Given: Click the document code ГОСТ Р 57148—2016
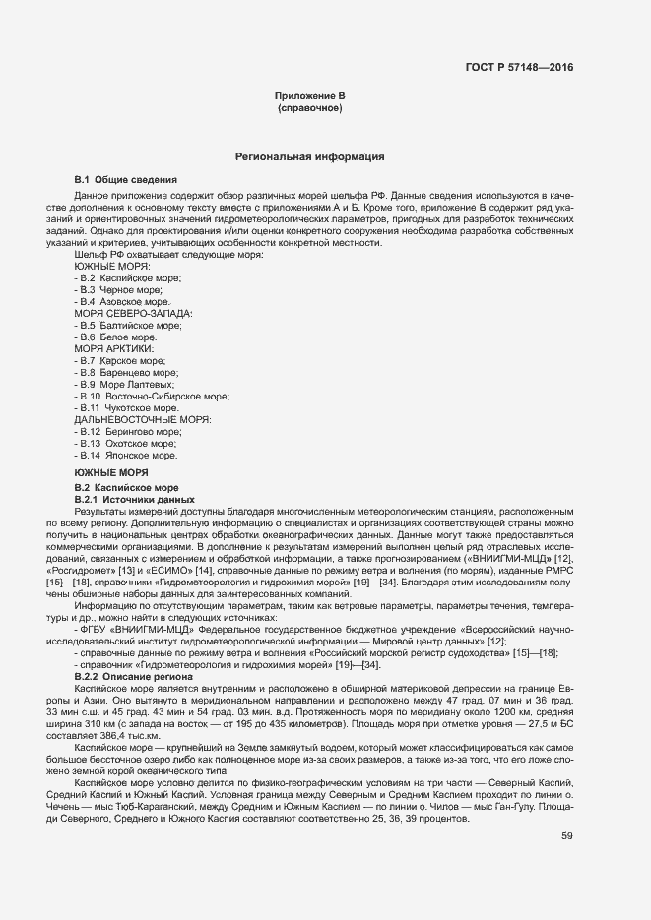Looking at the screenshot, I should [518, 68].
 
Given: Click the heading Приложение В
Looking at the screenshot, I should [309, 95].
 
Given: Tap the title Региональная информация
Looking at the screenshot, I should [309, 156].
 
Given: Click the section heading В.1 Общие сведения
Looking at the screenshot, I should [126, 180].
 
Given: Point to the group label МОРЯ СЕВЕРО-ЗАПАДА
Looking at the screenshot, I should [133, 313].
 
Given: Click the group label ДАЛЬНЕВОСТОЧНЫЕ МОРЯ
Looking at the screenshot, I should [143, 419].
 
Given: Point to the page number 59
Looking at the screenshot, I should [567, 836].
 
